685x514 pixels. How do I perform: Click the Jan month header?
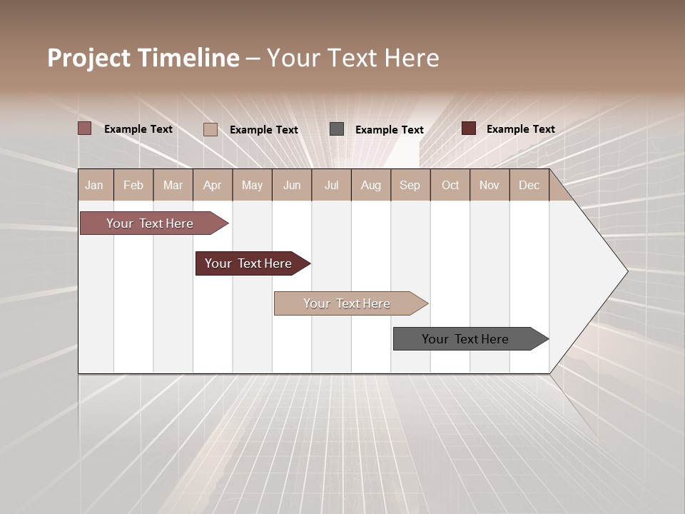pos(95,185)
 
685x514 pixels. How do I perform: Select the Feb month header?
pos(133,185)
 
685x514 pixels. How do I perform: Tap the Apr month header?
pos(213,185)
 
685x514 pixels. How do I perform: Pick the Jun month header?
pos(292,185)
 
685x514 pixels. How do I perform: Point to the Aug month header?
pos(371,185)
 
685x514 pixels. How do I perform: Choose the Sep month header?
pos(410,185)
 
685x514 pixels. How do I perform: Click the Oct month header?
pos(450,185)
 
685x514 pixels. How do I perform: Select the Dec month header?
pos(529,185)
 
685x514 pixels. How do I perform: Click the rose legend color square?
pos(85,128)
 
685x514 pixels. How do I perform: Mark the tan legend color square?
pos(210,129)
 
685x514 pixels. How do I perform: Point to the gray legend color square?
pos(337,129)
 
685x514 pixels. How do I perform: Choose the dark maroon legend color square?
pos(469,128)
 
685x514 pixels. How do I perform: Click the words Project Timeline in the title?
pos(143,58)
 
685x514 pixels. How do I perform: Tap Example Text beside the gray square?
pos(390,130)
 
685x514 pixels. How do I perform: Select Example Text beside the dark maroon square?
pos(521,129)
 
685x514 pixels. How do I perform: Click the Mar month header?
pos(173,185)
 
